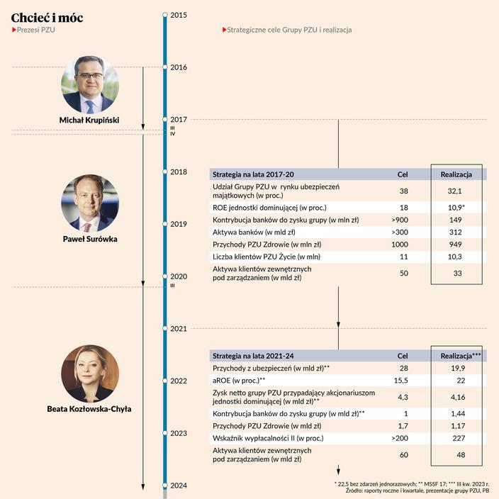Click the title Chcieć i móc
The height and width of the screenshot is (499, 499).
coord(47,17)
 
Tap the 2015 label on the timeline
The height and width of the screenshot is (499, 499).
coord(179,14)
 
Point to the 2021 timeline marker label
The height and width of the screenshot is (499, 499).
coord(179,329)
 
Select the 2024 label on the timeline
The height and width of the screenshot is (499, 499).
coord(179,486)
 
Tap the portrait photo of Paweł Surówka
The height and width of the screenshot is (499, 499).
coord(89,203)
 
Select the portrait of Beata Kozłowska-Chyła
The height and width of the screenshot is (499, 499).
coord(89,374)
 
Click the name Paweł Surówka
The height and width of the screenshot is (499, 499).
coord(89,238)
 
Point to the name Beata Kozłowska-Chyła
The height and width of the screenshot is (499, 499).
coord(89,409)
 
